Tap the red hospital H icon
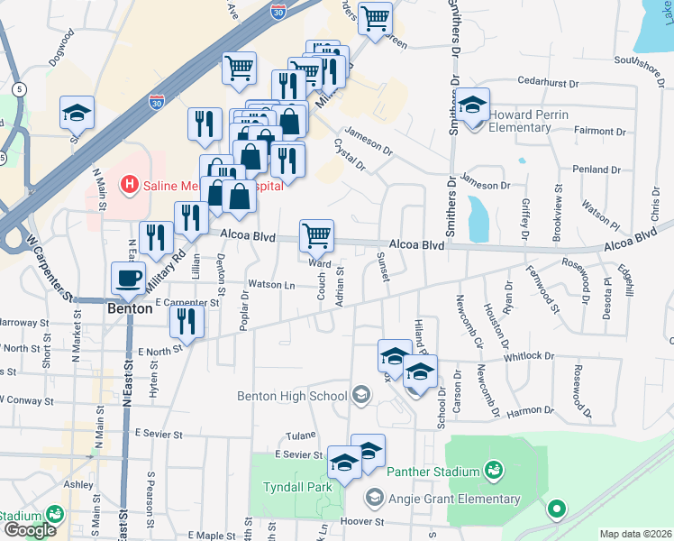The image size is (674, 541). [130, 186]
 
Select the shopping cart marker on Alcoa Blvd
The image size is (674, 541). [316, 235]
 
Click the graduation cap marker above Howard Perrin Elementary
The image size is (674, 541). [472, 105]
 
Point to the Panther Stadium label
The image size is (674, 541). [432, 472]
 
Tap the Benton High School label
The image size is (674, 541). [291, 395]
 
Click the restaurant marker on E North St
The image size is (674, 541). [187, 320]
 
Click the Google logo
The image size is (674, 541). [30, 530]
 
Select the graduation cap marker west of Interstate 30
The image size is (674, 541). [77, 113]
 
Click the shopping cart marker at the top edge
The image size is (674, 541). [375, 17]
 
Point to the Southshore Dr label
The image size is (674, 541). [639, 61]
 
